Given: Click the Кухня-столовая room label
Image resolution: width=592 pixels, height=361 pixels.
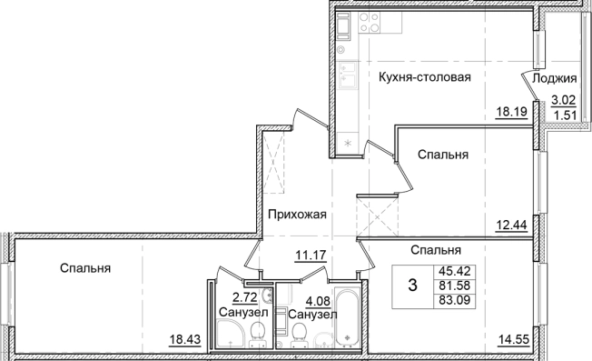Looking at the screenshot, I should point(425,77).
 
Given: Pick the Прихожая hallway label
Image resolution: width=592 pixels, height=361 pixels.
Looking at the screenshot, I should point(296,215).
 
